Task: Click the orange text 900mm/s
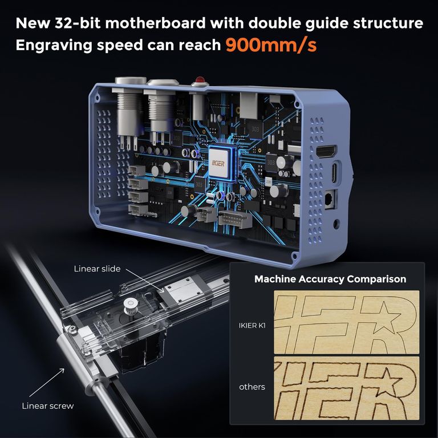coord(271,44)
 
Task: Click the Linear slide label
coord(97,269)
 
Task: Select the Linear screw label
coord(48,406)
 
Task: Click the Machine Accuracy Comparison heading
coord(330,279)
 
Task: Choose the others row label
coord(252,387)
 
